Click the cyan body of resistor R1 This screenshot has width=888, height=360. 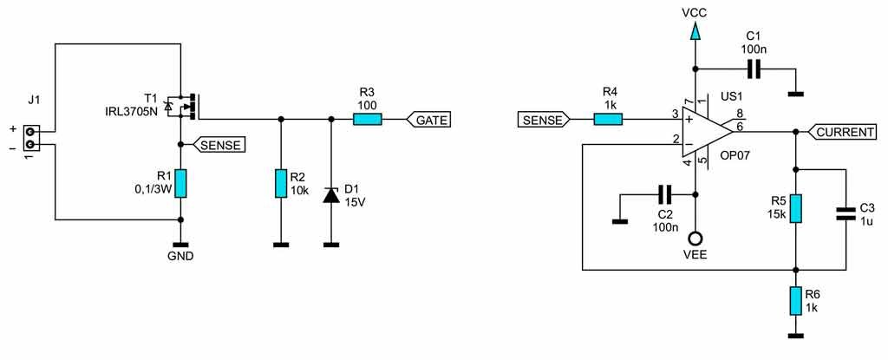tap(180, 183)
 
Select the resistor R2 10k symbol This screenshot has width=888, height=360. tap(280, 183)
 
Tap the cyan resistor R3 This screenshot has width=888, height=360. tap(367, 120)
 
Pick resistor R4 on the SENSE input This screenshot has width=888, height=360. tap(608, 119)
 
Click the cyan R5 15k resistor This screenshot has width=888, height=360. tap(795, 209)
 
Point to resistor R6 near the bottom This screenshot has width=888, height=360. tap(795, 300)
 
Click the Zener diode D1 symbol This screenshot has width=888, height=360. tap(330, 195)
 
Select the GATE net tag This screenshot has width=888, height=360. tap(428, 120)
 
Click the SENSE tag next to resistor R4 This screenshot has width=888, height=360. tap(544, 119)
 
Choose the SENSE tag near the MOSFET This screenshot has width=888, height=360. tap(219, 145)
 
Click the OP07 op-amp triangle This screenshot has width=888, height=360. tap(708, 132)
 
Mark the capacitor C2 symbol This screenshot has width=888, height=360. tap(664, 195)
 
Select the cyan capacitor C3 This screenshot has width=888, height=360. tap(846, 213)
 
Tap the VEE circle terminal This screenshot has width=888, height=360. tap(695, 238)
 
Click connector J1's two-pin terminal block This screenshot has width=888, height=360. tap(32, 138)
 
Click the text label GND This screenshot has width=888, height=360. tap(180, 256)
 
